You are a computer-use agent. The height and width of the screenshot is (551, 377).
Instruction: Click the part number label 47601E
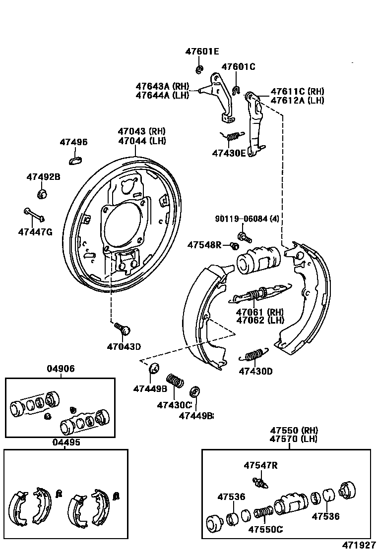[202, 52]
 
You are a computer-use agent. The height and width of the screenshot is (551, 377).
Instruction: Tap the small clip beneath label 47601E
[199, 69]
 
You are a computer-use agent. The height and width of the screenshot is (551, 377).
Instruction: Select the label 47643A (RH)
[162, 86]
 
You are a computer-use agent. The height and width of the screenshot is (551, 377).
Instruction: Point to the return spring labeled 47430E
[232, 137]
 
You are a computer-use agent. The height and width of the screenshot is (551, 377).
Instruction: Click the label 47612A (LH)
[297, 100]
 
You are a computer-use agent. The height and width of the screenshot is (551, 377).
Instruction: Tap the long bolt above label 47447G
[34, 215]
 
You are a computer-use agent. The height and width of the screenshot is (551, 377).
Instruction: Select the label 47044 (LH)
[142, 141]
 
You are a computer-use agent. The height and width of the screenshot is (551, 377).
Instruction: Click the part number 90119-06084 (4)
[247, 219]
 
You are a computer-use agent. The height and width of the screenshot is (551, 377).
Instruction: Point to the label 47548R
[204, 245]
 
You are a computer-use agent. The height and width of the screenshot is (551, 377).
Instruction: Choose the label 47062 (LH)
[260, 320]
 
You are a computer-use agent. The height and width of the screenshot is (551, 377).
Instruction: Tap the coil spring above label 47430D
[253, 354]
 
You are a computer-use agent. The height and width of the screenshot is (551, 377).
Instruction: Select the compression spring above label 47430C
[175, 382]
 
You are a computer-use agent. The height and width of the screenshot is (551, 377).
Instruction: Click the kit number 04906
[61, 369]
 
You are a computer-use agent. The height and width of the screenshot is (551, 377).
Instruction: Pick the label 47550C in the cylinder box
[266, 529]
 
